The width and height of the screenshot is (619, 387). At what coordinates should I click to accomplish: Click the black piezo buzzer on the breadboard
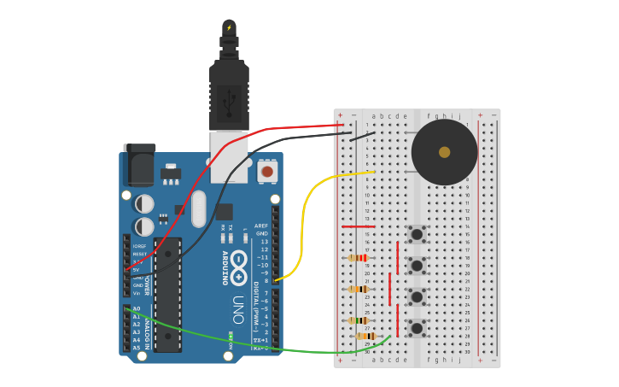444,152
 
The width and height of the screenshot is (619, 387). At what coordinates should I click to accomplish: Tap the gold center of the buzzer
444,152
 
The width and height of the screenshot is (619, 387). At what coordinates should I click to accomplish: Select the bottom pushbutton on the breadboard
417,328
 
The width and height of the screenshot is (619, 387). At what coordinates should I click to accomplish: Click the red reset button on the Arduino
267,172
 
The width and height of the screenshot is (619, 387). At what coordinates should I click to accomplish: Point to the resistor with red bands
359,257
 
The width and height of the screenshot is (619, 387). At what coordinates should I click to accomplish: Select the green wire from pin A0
256,346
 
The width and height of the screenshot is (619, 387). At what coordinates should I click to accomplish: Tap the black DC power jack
138,165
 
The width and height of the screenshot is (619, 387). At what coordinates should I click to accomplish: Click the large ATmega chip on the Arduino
168,295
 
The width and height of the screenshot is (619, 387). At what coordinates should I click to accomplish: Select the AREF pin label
261,226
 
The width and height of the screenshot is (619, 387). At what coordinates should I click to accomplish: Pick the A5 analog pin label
137,348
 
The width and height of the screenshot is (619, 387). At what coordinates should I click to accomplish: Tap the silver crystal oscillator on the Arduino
199,208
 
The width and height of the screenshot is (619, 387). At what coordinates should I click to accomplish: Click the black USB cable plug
229,94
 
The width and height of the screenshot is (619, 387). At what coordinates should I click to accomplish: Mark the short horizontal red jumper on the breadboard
358,226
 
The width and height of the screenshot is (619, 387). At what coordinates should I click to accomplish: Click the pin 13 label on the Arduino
264,242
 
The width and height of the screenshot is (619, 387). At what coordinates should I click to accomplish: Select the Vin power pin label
137,293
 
